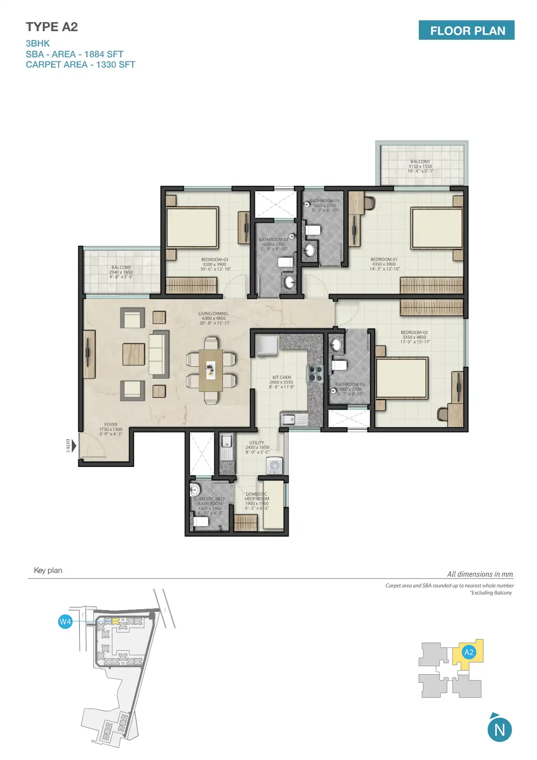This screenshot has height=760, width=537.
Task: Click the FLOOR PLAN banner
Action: tap(466, 30)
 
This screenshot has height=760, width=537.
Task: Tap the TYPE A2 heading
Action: tap(52, 27)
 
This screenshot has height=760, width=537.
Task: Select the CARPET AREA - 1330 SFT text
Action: tap(80, 65)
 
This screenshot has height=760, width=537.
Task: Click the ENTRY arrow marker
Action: tap(74, 446)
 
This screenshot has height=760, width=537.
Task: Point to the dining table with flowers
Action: tap(211, 370)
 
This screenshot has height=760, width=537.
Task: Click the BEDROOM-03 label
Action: tap(215, 264)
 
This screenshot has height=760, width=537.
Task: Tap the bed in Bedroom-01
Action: tap(436, 228)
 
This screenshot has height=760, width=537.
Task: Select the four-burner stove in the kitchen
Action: tap(315, 373)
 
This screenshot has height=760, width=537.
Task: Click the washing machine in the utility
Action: tap(274, 466)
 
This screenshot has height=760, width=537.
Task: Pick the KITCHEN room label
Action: tap(282, 382)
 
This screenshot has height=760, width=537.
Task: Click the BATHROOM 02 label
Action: tap(350, 389)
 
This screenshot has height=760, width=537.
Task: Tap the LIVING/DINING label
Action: tap(213, 318)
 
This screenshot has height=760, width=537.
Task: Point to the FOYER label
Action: tap(111, 429)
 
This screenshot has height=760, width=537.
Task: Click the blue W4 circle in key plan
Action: tap(65, 621)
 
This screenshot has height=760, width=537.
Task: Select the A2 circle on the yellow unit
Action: tap(469, 652)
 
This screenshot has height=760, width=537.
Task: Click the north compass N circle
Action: tap(500, 730)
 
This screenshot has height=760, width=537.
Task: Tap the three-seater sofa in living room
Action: tap(157, 354)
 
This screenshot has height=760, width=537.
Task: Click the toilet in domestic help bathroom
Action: tap(200, 522)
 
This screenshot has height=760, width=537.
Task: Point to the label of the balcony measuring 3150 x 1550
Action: tap(420, 166)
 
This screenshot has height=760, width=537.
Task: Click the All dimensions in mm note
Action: tap(480, 574)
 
